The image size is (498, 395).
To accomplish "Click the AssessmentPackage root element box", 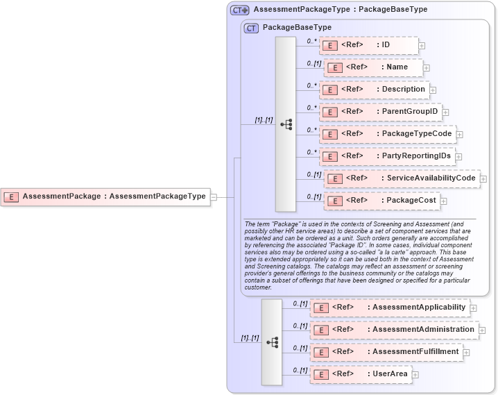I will point(105,196).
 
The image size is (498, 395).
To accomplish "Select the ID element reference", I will point(368,45).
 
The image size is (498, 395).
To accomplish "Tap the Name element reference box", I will point(374,67).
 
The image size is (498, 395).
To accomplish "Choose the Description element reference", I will point(373,90).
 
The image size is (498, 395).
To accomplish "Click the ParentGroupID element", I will point(379,112).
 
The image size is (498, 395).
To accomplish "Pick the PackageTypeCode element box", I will point(386,134).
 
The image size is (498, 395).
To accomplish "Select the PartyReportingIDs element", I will point(386,156).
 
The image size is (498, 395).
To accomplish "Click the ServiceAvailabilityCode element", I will point(402,178).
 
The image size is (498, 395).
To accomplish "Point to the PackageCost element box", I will point(381,201).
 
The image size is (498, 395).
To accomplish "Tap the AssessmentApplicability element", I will point(389,308).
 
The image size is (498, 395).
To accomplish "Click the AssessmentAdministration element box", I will point(393,330).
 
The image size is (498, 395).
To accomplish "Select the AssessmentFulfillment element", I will point(386,352).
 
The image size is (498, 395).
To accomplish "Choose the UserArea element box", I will point(361,374).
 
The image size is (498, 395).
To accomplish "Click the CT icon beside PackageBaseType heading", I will point(252,28).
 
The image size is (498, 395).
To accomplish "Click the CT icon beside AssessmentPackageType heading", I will point(240,10).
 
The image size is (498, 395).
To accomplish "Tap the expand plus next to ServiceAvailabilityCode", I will point(483,179).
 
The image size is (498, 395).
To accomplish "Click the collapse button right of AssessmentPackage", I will point(214,197).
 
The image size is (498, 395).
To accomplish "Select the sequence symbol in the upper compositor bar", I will point(286,124).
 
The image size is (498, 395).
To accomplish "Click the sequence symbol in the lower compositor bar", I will point(272,342).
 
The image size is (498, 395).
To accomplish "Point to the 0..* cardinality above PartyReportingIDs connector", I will point(311,152).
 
